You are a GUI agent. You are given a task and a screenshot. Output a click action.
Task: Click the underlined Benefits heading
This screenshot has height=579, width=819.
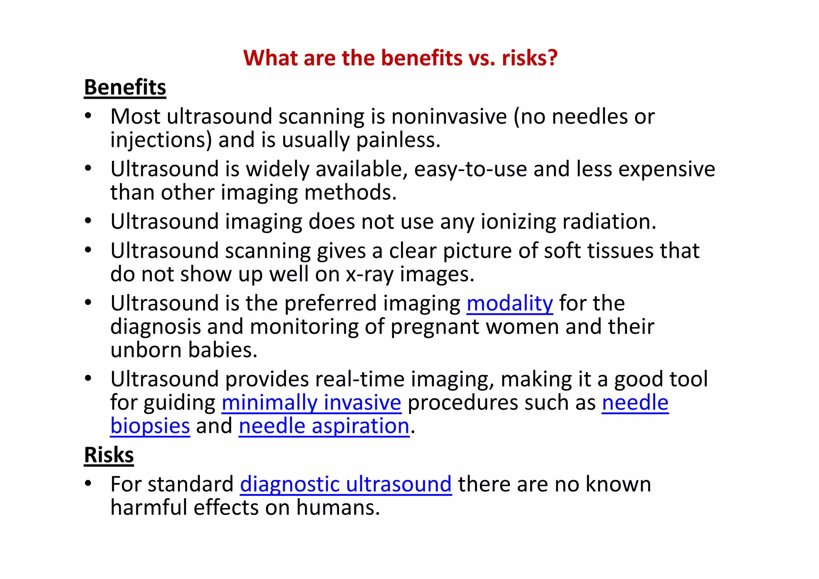point(125,87)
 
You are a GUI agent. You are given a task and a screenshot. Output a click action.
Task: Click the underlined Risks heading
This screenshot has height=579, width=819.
point(109,455)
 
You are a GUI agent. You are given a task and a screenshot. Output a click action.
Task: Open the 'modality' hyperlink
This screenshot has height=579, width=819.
point(509,303)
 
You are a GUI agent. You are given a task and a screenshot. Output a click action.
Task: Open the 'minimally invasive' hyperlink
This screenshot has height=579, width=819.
point(311,402)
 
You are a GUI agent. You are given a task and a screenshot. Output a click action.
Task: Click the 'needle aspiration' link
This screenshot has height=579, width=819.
point(324,426)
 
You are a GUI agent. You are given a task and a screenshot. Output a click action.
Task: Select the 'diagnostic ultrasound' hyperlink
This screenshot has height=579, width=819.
point(346,484)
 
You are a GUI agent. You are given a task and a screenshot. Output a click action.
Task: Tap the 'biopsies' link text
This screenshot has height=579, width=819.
point(150,426)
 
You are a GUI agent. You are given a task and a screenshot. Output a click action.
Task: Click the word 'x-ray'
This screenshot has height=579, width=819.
point(370,274)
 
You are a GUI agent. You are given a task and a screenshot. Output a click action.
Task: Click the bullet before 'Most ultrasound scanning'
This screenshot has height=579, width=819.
point(88,116)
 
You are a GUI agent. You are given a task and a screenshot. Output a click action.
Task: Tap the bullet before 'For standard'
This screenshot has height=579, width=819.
point(88,484)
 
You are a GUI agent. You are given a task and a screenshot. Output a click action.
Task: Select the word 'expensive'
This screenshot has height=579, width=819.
point(667,169)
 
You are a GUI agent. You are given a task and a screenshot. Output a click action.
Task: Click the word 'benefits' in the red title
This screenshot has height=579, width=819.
point(421,58)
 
